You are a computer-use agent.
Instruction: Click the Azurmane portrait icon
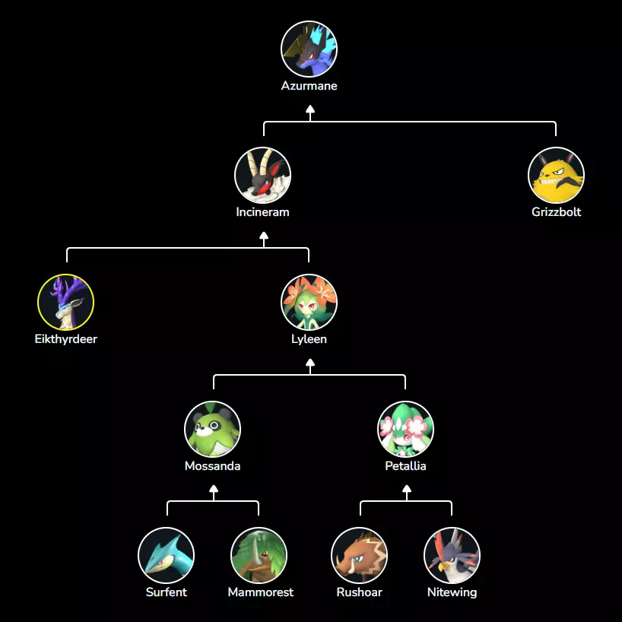309,49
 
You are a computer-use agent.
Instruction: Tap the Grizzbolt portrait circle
556,175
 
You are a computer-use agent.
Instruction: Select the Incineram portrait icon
262,175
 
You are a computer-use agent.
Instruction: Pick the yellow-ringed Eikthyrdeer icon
65,302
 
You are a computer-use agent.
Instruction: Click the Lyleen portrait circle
309,302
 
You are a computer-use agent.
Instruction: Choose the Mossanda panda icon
213,429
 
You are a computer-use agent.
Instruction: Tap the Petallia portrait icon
405,429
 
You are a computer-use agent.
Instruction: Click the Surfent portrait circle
166,555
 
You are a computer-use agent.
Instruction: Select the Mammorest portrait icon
259,555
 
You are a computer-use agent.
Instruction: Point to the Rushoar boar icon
359,555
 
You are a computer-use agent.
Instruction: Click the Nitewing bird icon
452,555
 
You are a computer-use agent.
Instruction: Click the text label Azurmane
309,86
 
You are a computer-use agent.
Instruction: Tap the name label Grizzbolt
556,212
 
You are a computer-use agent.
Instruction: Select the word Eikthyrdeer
65,339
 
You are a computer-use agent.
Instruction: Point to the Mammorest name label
260,592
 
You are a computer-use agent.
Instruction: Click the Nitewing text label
452,592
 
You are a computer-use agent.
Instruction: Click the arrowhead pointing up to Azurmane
309,109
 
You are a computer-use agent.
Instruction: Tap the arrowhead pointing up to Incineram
263,236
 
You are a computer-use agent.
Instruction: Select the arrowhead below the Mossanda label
214,490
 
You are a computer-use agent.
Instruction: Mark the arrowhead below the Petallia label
406,490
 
